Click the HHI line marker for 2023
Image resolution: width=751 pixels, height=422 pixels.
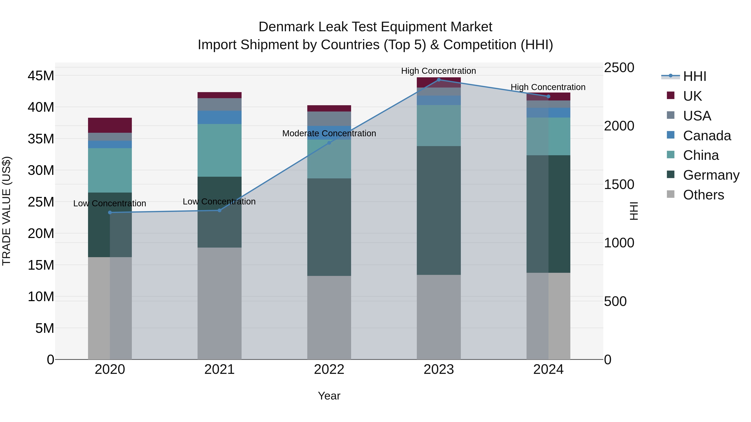pos(439,80)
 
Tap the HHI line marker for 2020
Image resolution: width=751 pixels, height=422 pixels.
pos(110,213)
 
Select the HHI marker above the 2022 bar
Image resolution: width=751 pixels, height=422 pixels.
pos(329,143)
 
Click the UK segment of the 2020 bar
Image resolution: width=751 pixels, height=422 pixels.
pos(110,125)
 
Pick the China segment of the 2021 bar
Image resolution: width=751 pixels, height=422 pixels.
pos(219,150)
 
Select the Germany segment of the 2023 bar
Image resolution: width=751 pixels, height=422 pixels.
pos(439,210)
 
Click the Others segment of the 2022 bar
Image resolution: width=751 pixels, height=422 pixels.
pos(329,317)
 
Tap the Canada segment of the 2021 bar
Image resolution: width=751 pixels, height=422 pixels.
pos(219,117)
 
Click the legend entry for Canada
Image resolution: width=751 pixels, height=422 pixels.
pos(707,136)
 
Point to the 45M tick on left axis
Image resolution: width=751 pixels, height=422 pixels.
pos(41,76)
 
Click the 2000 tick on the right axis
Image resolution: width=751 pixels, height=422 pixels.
pos(619,126)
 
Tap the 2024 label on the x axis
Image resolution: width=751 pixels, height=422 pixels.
pos(548,369)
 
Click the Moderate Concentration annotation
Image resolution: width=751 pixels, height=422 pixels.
pos(329,133)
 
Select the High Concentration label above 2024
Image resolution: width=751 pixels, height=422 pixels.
pos(548,87)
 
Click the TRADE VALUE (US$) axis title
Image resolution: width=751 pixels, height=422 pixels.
pos(6,211)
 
